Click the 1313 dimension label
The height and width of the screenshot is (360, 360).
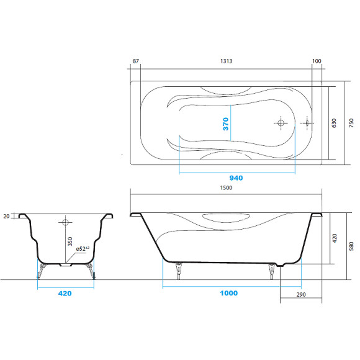pyautogui.click(x=226, y=61)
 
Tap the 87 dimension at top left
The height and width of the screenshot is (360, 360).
pyautogui.click(x=136, y=61)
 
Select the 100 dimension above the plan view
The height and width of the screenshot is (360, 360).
pyautogui.click(x=317, y=61)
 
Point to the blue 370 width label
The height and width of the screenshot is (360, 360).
pyautogui.click(x=226, y=124)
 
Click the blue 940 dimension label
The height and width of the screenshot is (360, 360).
pyautogui.click(x=236, y=178)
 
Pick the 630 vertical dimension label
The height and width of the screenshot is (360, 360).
pyautogui.click(x=334, y=124)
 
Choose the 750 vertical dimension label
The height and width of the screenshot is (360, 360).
pyautogui.click(x=351, y=124)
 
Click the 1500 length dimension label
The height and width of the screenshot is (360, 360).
pyautogui.click(x=226, y=188)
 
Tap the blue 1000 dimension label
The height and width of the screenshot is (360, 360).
pyautogui.click(x=228, y=293)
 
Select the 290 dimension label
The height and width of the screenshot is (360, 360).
pyautogui.click(x=301, y=295)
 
